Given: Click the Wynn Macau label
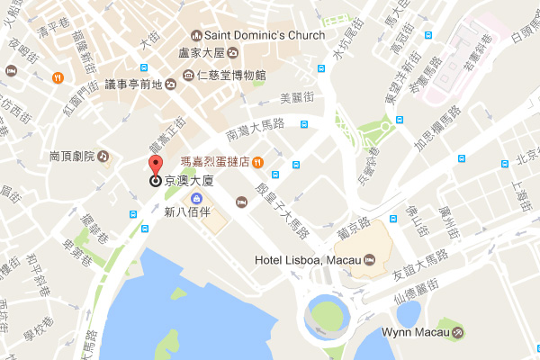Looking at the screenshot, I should (x=414, y=333).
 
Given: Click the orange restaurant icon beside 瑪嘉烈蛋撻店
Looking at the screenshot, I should (x=258, y=162).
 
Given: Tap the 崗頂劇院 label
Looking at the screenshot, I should (x=68, y=156).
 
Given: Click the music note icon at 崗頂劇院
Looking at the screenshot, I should (x=103, y=156).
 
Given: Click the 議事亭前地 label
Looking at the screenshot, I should (x=132, y=84).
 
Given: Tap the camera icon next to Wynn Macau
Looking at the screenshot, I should (x=459, y=333).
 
